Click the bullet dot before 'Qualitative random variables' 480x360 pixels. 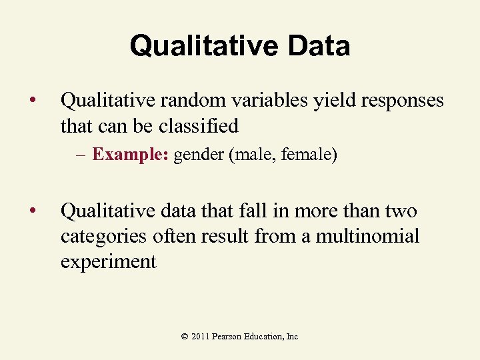pyautogui.click(x=32, y=101)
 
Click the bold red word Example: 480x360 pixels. pyautogui.click(x=131, y=155)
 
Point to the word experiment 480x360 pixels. pyautogui.click(x=108, y=261)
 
